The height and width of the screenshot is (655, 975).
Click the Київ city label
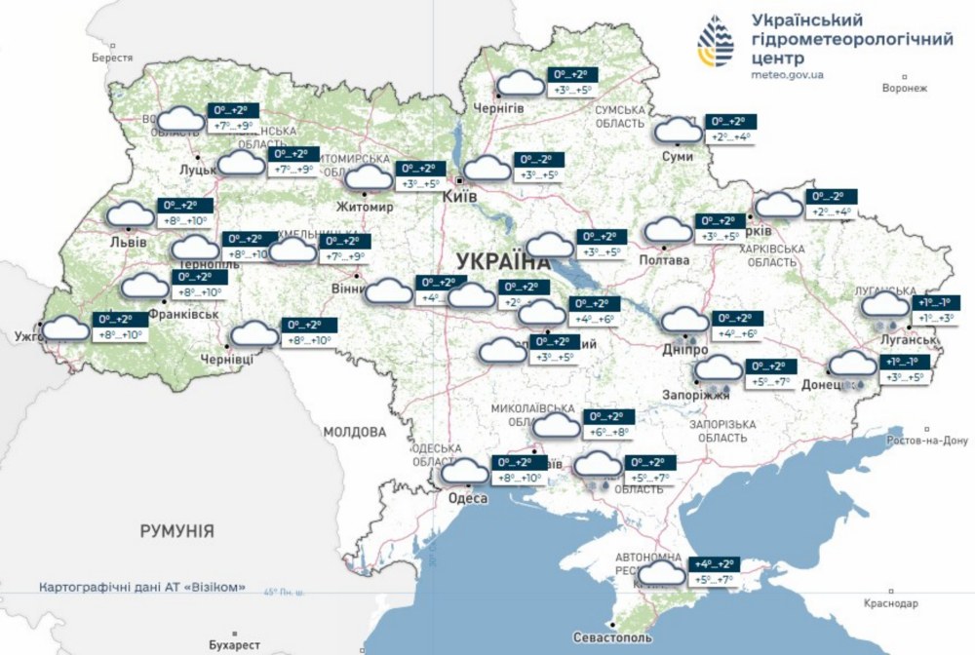pos(460,197)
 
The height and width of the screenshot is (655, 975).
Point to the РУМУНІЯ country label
pos(176,531)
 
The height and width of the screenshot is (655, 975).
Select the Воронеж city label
pos(903,88)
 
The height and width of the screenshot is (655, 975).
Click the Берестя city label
pos(112,58)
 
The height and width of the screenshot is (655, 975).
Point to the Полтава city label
pos(664,260)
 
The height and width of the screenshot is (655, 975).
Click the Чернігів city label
pos(498,108)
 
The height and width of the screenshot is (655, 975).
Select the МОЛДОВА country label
pos(355,431)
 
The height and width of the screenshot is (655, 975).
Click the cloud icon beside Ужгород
pos(65,327)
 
